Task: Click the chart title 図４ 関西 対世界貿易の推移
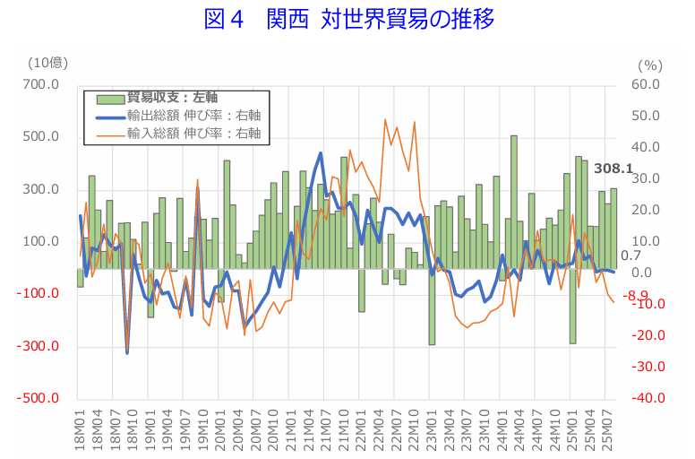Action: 348,20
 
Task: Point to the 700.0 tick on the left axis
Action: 42,85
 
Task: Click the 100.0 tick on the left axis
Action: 42,242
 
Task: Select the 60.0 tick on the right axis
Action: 647,85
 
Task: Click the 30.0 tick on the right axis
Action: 647,179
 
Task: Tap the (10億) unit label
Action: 47,62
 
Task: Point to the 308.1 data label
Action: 613,169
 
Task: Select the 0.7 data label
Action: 631,256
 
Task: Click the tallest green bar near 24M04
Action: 514,202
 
